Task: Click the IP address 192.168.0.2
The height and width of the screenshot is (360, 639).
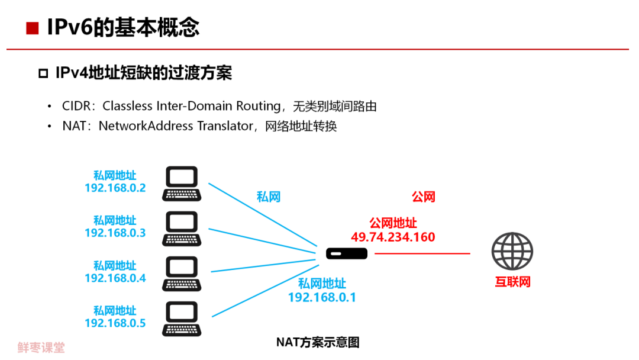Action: click(115, 188)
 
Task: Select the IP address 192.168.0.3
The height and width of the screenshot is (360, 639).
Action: click(115, 233)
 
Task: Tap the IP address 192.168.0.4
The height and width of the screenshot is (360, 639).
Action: click(115, 278)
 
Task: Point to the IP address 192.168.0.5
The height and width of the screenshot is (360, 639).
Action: click(115, 323)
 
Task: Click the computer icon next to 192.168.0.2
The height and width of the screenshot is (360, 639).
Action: click(182, 184)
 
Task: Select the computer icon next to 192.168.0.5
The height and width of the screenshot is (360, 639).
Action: click(182, 319)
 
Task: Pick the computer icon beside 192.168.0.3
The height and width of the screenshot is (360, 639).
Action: click(182, 229)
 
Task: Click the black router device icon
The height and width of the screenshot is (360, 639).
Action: click(347, 253)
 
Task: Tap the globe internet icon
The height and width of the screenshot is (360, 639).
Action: click(512, 251)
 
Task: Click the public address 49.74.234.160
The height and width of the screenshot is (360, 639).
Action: click(393, 237)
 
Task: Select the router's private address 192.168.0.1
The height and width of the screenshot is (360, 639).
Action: click(322, 297)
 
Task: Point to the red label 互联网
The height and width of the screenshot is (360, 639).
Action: click(513, 282)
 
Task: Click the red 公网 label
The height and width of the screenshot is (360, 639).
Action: click(424, 197)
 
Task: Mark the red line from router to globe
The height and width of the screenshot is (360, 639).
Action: click(422, 253)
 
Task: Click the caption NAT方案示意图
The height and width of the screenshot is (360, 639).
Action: click(318, 342)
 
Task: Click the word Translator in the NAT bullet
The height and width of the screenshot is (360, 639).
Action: click(223, 126)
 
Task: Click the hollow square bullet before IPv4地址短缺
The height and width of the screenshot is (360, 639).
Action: click(43, 73)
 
